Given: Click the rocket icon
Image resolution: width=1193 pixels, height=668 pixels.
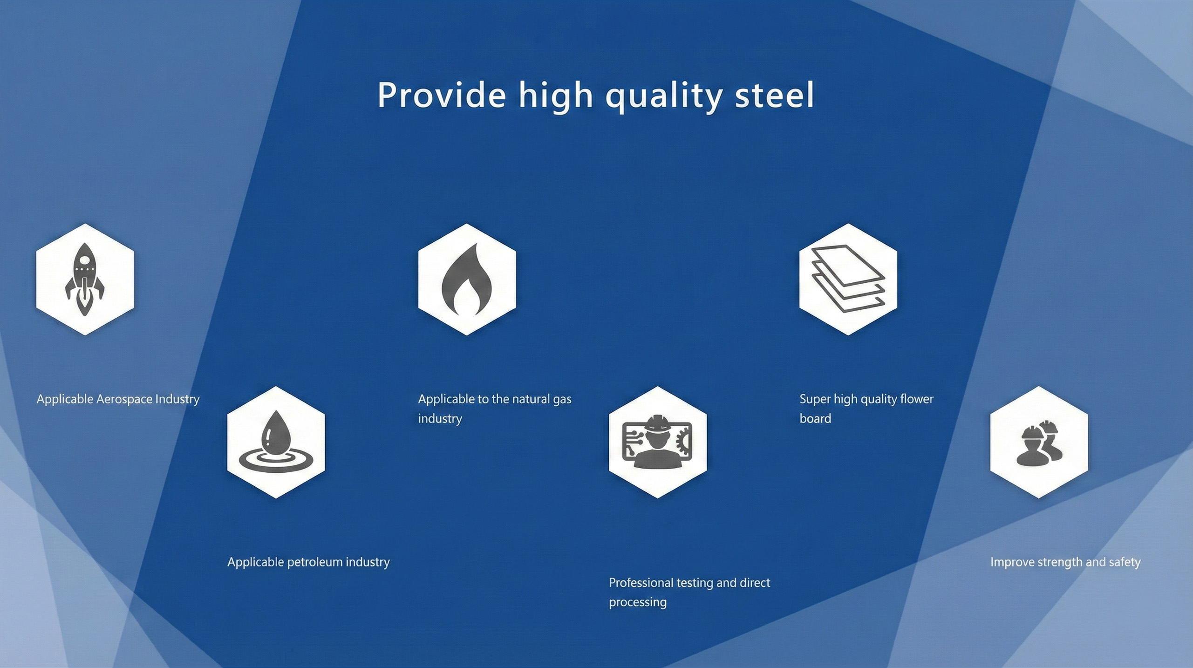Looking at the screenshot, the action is click(85, 279).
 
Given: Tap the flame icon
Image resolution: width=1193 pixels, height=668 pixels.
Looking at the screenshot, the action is click(467, 279).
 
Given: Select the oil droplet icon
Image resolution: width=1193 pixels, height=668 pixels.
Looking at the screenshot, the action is click(276, 442).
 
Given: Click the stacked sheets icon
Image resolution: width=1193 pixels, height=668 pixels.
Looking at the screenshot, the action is click(848, 279).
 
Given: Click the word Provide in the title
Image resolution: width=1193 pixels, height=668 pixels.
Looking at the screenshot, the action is click(441, 95).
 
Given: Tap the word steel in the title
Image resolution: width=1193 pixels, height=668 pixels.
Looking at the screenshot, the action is click(774, 95).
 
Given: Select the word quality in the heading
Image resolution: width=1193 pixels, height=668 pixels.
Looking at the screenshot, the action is click(663, 97).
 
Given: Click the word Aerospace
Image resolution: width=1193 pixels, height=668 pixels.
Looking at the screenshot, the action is click(124, 399).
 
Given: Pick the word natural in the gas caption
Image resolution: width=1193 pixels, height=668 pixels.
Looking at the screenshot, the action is click(531, 399).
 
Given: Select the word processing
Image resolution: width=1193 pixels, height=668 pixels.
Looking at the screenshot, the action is click(638, 603).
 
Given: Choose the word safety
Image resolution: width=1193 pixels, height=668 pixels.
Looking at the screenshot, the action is click(1125, 562).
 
